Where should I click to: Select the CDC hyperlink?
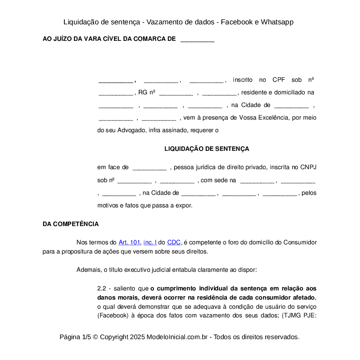[x=174, y=243]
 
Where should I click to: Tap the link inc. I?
[x=150, y=243]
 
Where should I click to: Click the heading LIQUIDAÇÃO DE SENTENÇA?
[x=207, y=149]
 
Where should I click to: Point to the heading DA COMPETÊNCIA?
[x=70, y=224]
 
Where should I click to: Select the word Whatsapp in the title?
[x=277, y=22]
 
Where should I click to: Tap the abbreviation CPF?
[x=279, y=80]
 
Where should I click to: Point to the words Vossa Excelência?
[x=266, y=117]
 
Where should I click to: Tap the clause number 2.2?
[x=102, y=288]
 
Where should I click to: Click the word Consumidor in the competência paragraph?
[x=300, y=243]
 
